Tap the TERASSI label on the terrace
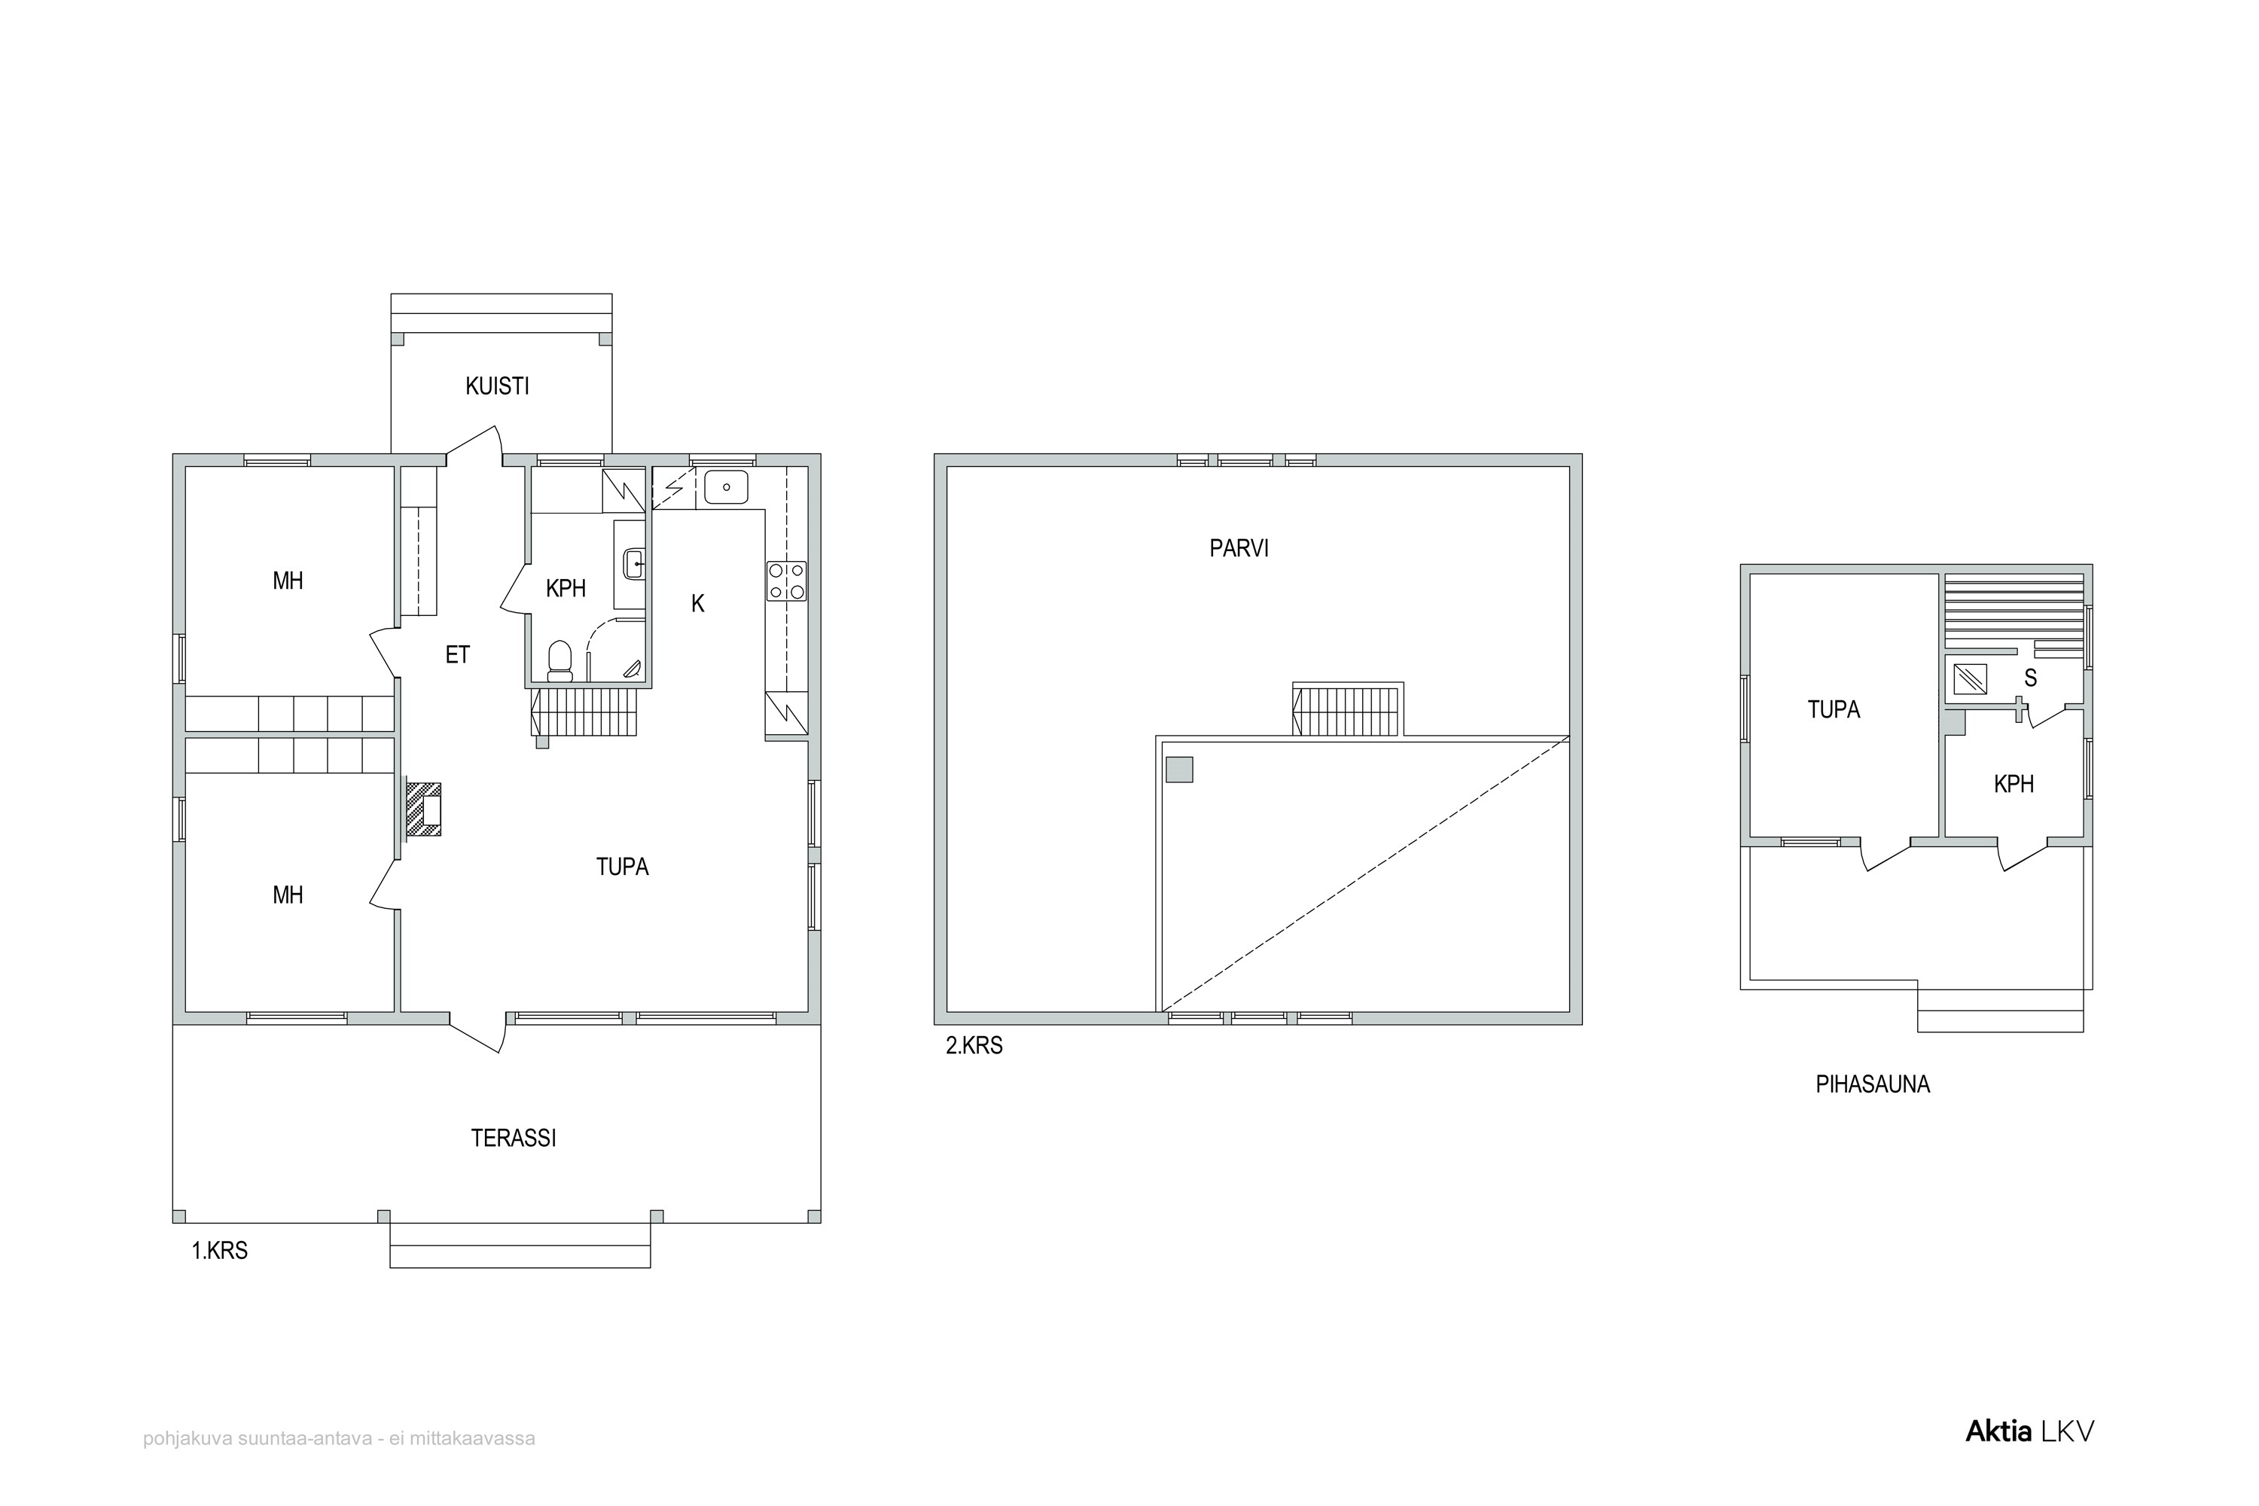[x=513, y=1138]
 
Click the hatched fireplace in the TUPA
[x=422, y=809]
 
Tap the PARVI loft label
[x=1239, y=548]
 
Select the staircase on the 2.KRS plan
[x=1349, y=710]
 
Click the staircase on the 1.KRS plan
[x=584, y=712]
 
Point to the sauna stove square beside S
[x=1970, y=679]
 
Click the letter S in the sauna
[x=2030, y=678]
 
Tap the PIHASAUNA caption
[x=1872, y=1084]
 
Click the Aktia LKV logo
[x=2029, y=1458]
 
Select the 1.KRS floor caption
[x=220, y=1251]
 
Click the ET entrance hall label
[x=457, y=655]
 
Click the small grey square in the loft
[x=1179, y=770]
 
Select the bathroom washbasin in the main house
[x=634, y=564]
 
